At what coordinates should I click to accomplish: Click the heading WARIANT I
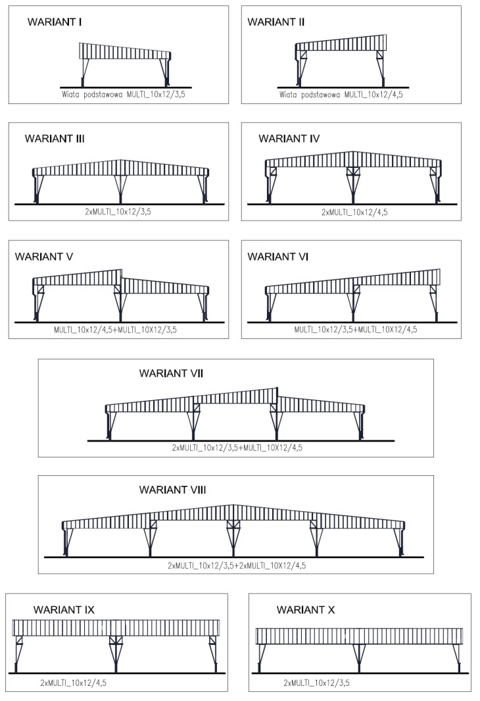click(x=55, y=22)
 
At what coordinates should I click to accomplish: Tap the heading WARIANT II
click(x=276, y=22)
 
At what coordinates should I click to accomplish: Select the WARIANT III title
click(x=55, y=139)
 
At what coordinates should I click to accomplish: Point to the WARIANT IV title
click(x=289, y=139)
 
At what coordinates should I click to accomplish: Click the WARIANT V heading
click(x=44, y=257)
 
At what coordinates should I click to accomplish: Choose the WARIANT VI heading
click(x=277, y=257)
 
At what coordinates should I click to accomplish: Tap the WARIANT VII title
click(x=171, y=373)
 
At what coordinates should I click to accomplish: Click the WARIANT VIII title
click(x=172, y=490)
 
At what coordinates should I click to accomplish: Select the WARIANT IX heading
click(x=64, y=610)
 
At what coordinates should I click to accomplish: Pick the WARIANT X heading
click(x=305, y=610)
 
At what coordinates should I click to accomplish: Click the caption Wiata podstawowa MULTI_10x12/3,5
click(x=123, y=95)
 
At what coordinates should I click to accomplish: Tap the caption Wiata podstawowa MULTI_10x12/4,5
click(x=341, y=95)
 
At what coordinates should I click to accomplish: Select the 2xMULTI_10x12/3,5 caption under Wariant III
click(x=118, y=212)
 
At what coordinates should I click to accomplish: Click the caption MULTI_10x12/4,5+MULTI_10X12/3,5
click(x=115, y=330)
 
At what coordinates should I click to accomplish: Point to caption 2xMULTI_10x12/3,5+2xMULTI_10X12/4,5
click(x=237, y=565)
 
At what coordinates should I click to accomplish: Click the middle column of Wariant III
click(x=120, y=190)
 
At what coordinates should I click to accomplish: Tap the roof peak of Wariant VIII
click(x=233, y=505)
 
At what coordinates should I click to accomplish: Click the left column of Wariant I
click(x=84, y=73)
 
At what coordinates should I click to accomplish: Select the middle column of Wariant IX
click(x=116, y=654)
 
